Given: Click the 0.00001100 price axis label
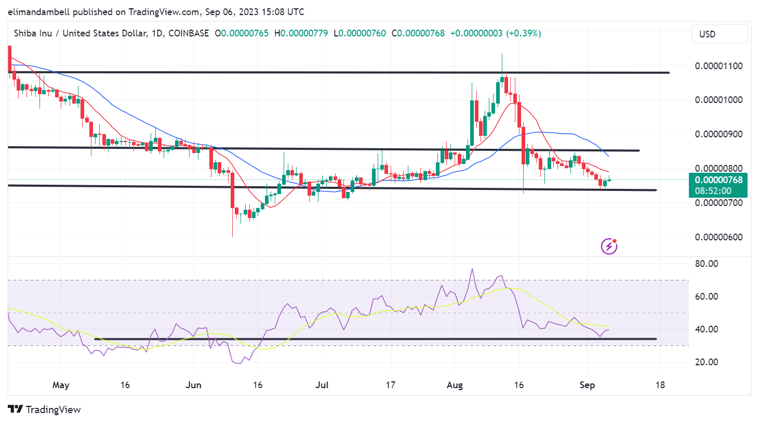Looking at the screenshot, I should point(718,66).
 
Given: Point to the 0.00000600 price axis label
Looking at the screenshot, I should point(718,237).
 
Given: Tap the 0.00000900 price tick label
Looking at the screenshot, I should point(718,134).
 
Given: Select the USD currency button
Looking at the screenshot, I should point(720,34).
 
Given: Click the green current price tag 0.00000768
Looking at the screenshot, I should point(718,181).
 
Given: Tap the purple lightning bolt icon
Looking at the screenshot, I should point(609,246).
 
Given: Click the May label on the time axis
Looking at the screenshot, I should point(61,385).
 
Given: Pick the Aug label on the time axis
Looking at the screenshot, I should point(455,385).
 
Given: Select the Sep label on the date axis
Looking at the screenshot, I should point(587,385).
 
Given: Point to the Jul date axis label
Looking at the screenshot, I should point(322,385).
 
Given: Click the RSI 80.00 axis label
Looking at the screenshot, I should point(707,264).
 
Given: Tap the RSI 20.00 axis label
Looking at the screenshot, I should point(707,362).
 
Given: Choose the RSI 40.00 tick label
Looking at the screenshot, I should point(707,329).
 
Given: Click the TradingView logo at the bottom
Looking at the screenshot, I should point(45,409).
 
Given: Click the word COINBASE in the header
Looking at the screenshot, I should point(189,33).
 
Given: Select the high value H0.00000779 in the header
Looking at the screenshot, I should point(301,33).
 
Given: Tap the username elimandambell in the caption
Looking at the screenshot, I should point(39,11).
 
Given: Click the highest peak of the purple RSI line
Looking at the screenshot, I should point(472,269).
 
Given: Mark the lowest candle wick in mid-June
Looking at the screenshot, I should point(232,235).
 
